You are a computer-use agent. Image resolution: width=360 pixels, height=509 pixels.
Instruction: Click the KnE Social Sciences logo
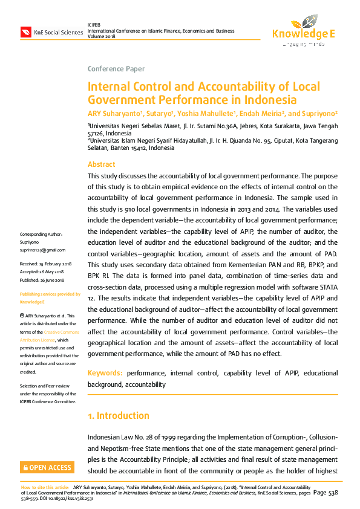(x=51, y=32)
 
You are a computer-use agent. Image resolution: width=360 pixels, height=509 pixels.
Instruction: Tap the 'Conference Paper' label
(x=116, y=69)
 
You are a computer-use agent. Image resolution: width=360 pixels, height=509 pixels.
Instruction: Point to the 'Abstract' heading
(x=101, y=164)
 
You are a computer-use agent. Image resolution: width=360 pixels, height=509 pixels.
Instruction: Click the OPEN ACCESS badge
(x=47, y=467)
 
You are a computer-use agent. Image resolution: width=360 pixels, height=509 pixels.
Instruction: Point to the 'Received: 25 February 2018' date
(x=46, y=265)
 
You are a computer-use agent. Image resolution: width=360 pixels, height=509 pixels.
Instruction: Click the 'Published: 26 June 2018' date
(x=44, y=280)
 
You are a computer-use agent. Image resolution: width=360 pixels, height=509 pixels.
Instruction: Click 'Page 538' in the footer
(x=325, y=493)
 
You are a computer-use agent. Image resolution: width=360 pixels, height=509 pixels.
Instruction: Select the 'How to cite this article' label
(x=45, y=487)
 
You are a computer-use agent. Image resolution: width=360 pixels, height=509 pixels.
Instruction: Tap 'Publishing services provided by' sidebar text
(x=50, y=294)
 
